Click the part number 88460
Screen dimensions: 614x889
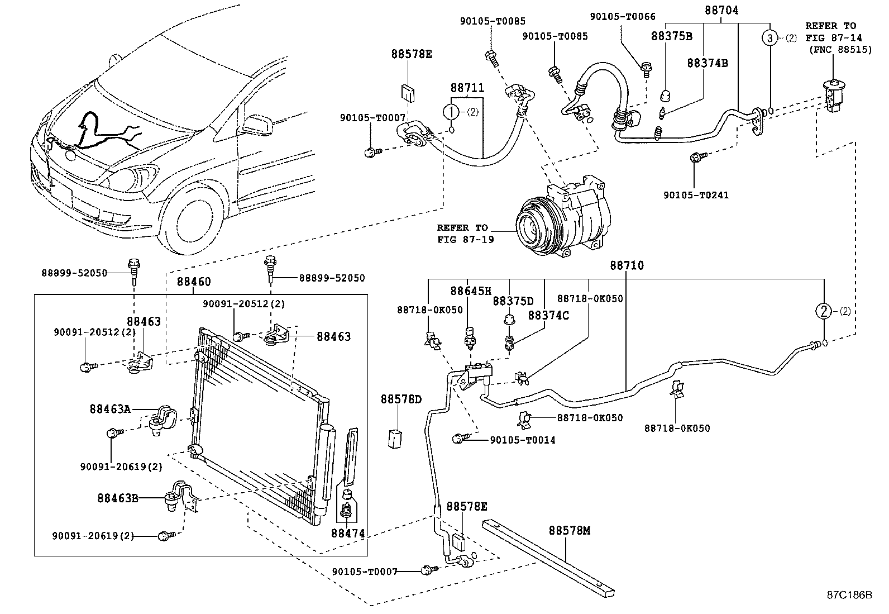194,283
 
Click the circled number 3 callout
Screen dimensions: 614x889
770,39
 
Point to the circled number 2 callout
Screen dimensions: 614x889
825,312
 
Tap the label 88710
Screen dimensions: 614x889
627,266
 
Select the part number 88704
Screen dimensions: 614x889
720,9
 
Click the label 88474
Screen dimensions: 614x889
348,534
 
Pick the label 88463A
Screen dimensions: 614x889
109,410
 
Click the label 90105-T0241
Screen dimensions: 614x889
696,195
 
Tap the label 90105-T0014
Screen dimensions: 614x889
522,440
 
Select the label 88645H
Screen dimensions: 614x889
471,291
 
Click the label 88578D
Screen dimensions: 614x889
401,399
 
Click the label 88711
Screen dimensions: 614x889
467,88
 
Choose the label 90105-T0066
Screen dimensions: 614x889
623,17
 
